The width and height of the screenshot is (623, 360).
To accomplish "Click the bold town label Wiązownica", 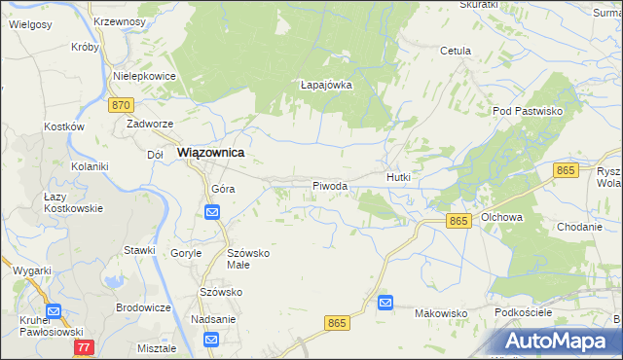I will [x=210, y=153].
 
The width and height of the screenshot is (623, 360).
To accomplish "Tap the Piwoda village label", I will [x=330, y=185].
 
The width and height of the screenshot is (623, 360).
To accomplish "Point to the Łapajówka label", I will [x=325, y=85].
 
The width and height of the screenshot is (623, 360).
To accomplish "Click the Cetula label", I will [x=456, y=51].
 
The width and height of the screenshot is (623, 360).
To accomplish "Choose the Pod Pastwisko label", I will [x=529, y=112].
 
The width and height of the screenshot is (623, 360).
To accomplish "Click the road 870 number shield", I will [x=121, y=104].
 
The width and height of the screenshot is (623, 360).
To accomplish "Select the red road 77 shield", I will [x=85, y=346].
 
